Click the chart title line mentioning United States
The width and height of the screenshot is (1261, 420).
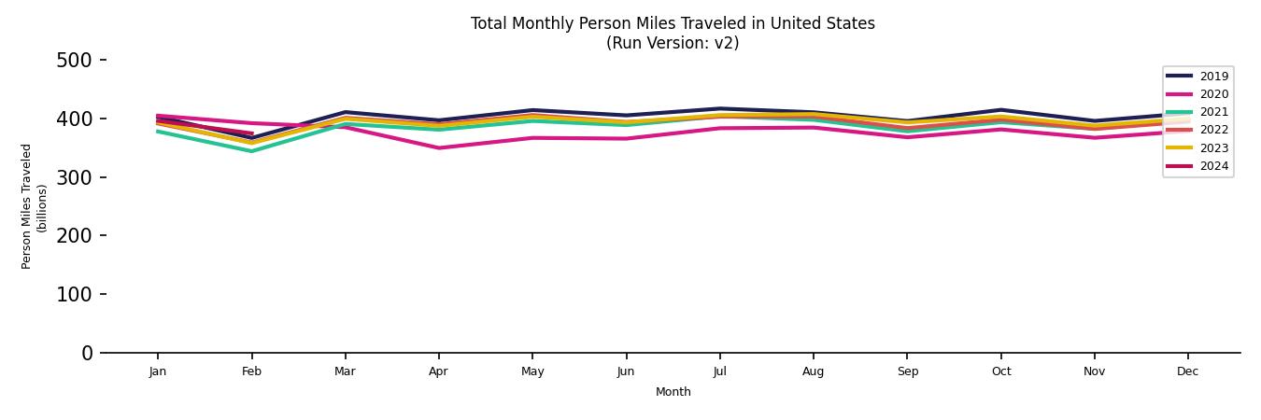(x=673, y=23)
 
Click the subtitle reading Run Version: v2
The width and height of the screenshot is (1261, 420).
(x=673, y=43)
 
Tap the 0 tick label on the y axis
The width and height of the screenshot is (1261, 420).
(x=87, y=353)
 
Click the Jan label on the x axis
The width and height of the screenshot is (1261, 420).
(x=157, y=371)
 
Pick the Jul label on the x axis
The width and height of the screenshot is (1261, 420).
(x=719, y=371)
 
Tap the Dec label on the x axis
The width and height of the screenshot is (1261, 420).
(x=1187, y=371)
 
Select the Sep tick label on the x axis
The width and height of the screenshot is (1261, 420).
(x=907, y=371)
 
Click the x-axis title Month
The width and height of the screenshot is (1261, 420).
(x=673, y=392)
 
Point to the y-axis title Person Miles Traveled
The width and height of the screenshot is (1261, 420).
(x=27, y=206)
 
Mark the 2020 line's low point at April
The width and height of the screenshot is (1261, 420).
(x=438, y=147)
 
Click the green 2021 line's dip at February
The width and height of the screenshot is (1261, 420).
(x=251, y=151)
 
